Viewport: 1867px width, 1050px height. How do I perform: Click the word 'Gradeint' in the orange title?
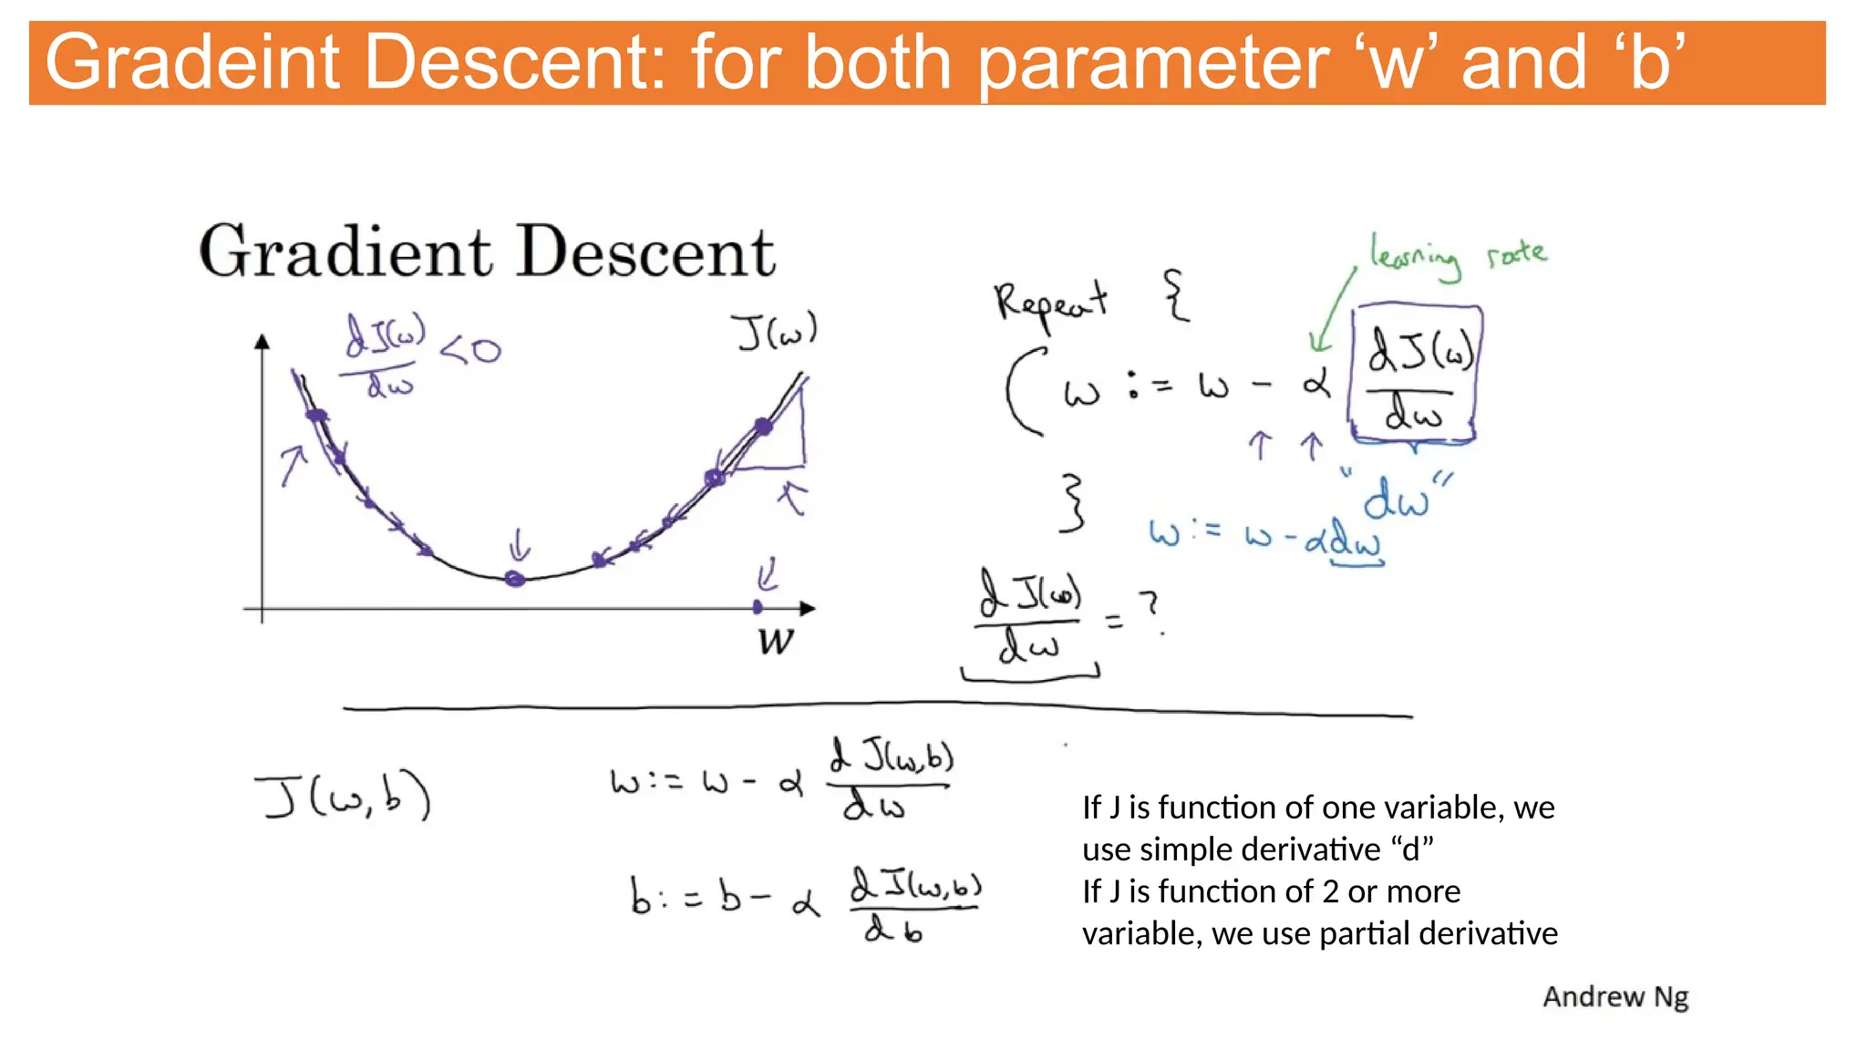pos(192,62)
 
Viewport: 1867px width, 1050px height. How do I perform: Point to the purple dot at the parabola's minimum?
pos(515,579)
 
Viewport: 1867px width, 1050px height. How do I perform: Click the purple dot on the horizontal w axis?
pos(758,607)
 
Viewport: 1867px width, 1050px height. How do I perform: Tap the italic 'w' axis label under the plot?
pos(776,641)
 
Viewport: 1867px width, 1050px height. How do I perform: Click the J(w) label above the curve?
pos(776,332)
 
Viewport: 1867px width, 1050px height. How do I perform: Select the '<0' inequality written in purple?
pos(470,350)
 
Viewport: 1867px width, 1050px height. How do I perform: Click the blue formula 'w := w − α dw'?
pos(1265,538)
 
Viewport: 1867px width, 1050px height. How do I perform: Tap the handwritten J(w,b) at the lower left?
pos(343,797)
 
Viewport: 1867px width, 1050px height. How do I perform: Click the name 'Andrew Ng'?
pos(1615,996)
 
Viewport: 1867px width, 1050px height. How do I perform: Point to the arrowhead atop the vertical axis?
pos(263,342)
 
